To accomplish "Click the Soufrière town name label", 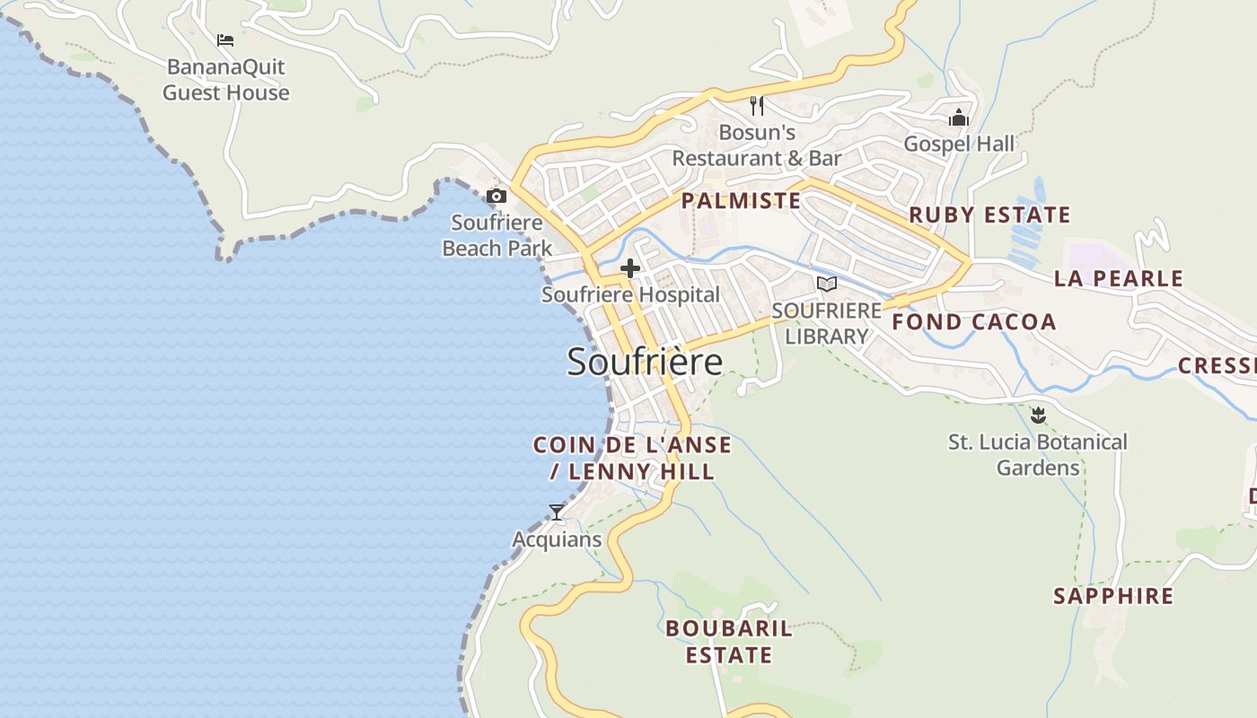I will [645, 362].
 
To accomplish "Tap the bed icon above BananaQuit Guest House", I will [225, 40].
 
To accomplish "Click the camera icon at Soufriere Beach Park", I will [496, 196].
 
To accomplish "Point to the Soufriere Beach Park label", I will [497, 235].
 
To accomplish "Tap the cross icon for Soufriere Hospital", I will [630, 267].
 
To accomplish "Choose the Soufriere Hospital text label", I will [630, 294].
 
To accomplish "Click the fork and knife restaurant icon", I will [757, 106].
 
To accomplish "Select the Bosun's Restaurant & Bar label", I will [757, 145].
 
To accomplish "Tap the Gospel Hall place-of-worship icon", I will [959, 118].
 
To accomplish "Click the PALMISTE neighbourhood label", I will [741, 201].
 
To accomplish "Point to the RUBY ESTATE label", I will [989, 215].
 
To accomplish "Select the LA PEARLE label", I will [1119, 278].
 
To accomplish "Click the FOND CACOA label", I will [974, 322].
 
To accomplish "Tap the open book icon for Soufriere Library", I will [826, 284].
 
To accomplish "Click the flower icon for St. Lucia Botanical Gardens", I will [1038, 415].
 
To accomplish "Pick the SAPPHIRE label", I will [1113, 596].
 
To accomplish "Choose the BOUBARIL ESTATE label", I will [729, 642].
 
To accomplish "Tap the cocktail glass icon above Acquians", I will [557, 512].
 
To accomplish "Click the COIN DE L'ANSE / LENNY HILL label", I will [632, 458].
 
